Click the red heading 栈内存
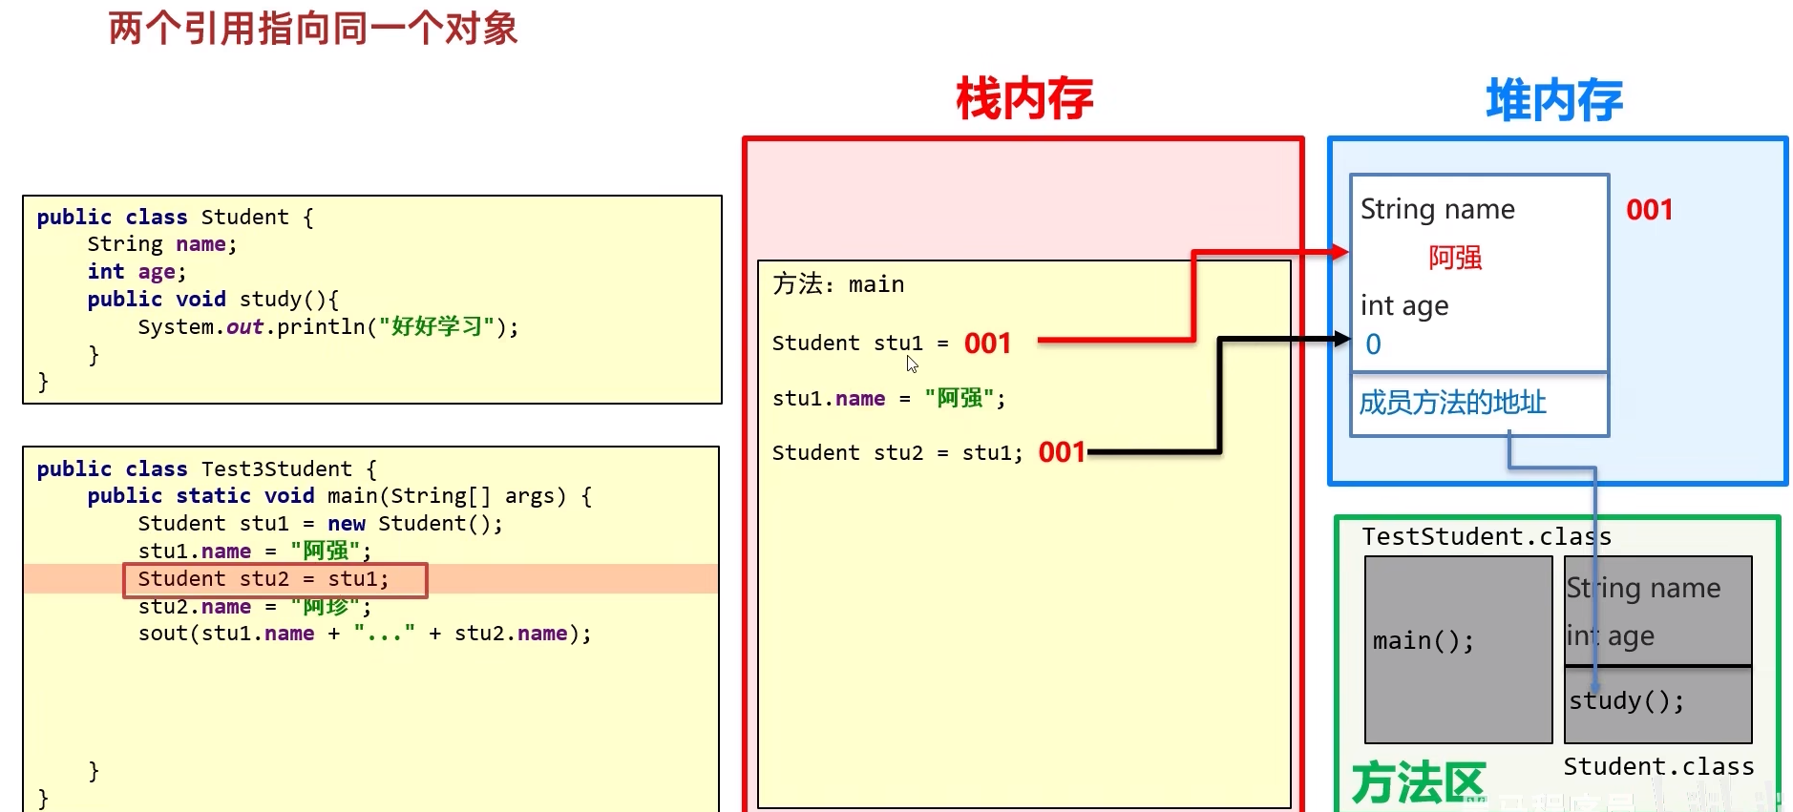1024,99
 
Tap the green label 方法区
1419,782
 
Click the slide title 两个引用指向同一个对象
312,29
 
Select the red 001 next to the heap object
1649,210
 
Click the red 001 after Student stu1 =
987,344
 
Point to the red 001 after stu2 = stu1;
1062,452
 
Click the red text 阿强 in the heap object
1454,258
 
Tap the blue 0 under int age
1373,344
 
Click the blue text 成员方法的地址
1452,403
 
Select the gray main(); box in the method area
1457,649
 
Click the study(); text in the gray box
1627,701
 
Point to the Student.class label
1658,767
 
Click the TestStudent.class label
1486,537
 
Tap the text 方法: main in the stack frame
838,284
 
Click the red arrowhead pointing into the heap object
1340,252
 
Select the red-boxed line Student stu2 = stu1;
275,579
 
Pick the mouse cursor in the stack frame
912,364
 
